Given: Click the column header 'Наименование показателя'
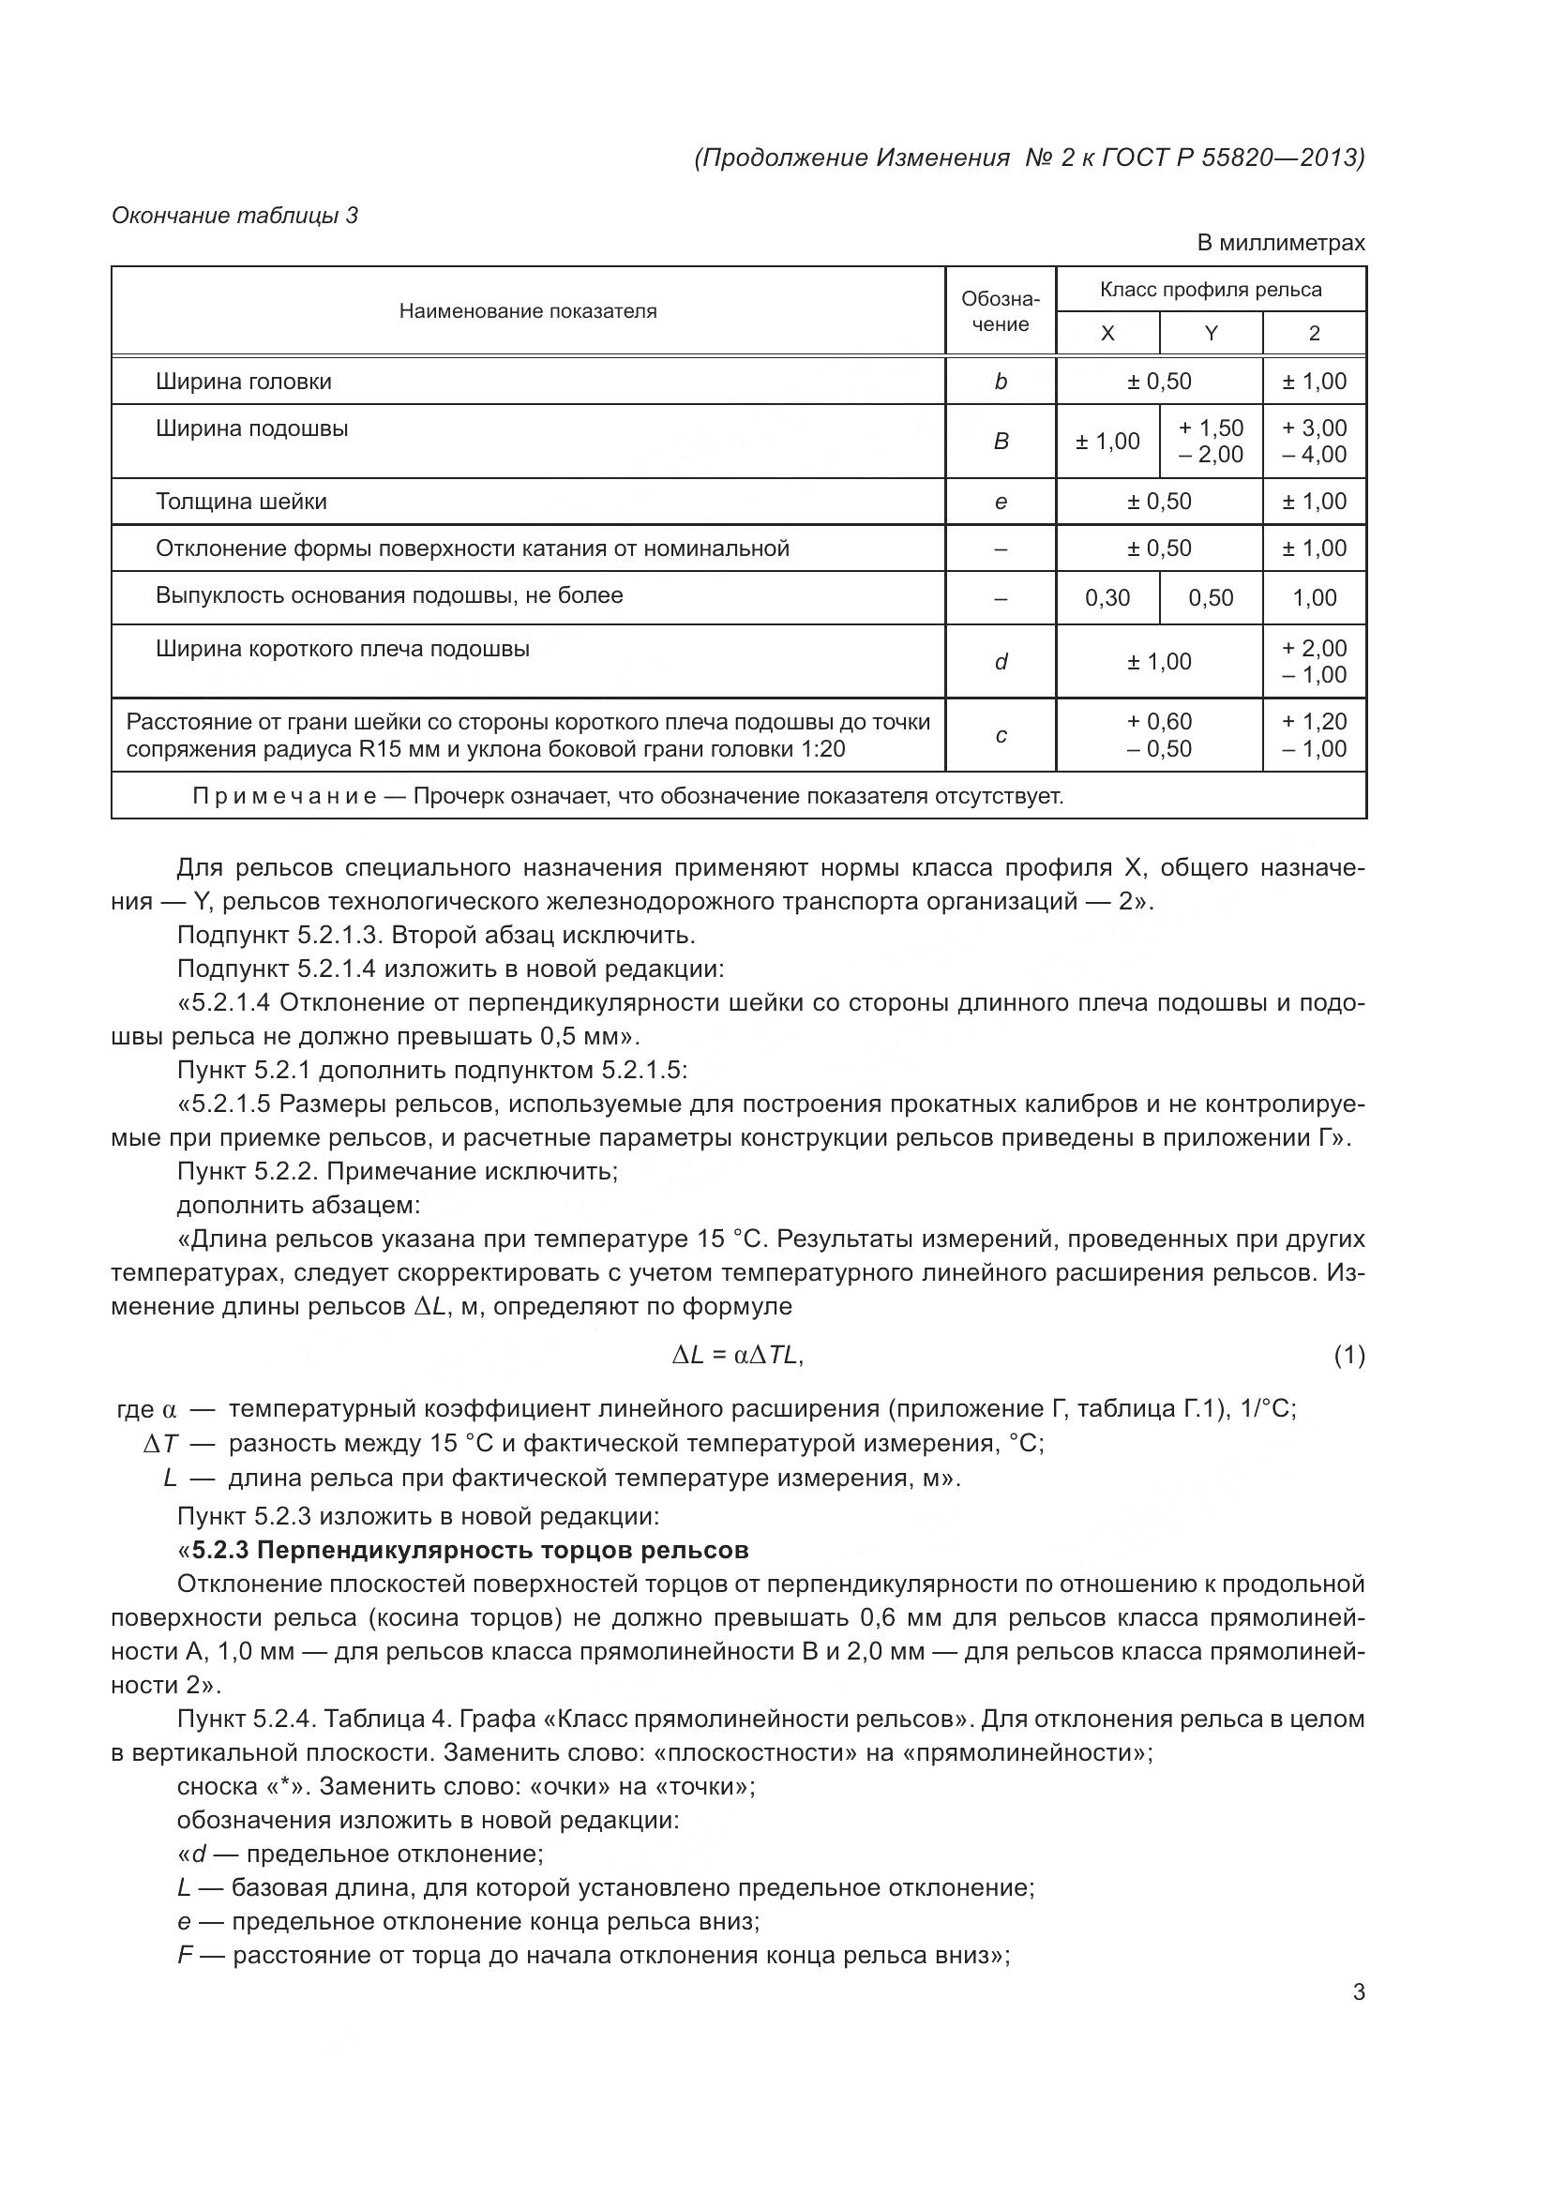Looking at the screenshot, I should click(527, 311).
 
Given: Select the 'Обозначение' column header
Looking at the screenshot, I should click(1000, 311).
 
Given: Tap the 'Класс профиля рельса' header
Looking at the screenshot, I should click(1210, 290).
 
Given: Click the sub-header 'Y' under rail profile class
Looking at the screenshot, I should click(1211, 334).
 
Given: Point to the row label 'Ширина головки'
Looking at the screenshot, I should click(244, 382).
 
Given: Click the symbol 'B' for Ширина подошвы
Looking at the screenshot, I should click(1000, 442).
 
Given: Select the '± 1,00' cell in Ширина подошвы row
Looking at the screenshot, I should click(1107, 442).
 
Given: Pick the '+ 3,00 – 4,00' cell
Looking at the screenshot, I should click(1314, 442).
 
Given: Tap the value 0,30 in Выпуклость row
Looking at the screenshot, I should click(1107, 598).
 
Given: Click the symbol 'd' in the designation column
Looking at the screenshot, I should click(1000, 662).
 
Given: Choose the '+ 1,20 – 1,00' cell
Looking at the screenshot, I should click(1314, 735).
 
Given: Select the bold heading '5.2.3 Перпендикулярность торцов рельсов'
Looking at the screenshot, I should click(470, 1549).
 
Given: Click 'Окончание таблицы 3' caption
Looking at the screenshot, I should click(235, 216).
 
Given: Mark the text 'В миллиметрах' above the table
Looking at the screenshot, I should click(1281, 244).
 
